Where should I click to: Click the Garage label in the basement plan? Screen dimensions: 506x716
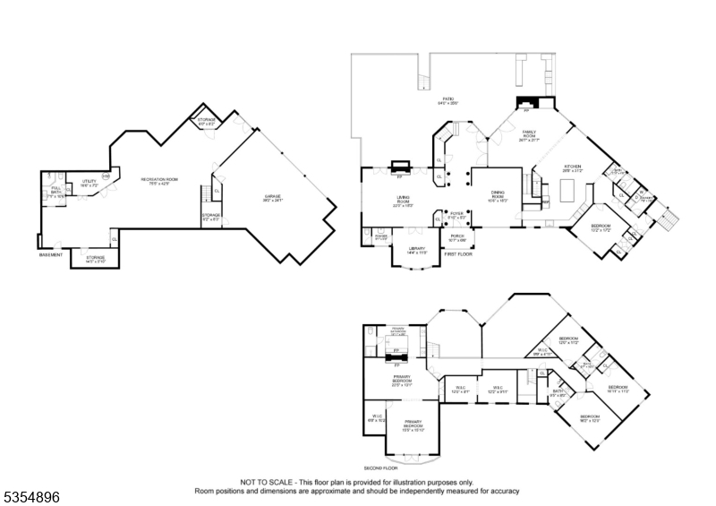pos(272,199)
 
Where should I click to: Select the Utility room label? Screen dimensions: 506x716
pos(89,182)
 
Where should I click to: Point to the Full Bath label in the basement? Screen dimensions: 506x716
pos(55,191)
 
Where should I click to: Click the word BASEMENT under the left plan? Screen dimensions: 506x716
pos(51,255)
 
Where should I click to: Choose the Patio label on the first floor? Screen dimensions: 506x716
pos(447,100)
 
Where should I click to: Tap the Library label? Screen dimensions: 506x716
pos(416,251)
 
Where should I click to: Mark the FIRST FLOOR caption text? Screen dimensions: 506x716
pos(457,254)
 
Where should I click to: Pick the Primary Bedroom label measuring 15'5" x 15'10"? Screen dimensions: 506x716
pos(413,425)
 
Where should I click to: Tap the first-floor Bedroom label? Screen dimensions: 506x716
pos(600,227)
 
